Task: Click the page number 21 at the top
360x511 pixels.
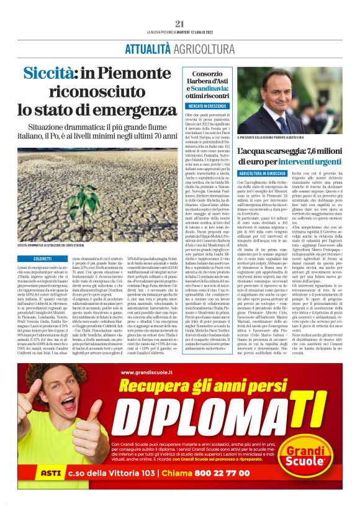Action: click(x=180, y=24)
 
